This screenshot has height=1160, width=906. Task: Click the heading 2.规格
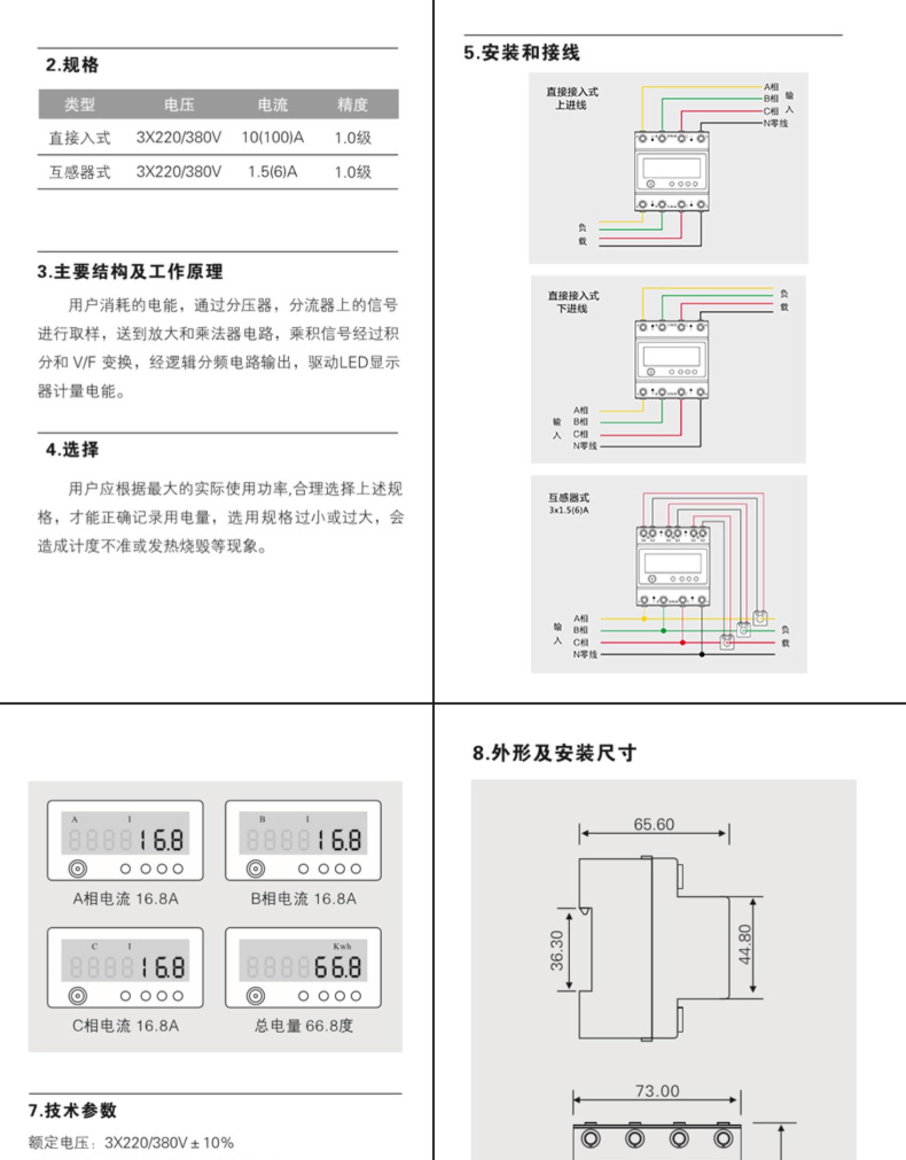click(x=72, y=65)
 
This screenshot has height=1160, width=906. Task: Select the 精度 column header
click(x=352, y=104)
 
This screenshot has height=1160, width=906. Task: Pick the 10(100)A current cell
click(x=272, y=138)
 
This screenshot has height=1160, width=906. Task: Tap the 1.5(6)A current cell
click(x=272, y=171)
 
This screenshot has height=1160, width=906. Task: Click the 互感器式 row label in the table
click(x=79, y=172)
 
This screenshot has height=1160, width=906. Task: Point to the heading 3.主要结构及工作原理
click(x=130, y=271)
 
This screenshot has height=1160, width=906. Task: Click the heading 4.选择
click(x=72, y=450)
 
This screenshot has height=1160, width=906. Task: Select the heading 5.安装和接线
click(x=521, y=53)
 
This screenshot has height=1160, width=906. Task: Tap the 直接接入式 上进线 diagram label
click(x=571, y=98)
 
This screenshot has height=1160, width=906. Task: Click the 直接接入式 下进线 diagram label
click(x=572, y=302)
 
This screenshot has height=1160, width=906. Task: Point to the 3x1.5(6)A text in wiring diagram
click(x=568, y=510)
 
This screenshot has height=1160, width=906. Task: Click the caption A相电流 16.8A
click(x=125, y=899)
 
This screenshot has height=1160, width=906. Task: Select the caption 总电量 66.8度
click(x=304, y=1025)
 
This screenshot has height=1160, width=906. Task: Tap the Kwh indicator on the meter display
click(x=342, y=946)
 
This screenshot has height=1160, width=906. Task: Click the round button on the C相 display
click(x=78, y=996)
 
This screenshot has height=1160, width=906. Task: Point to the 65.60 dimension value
click(x=654, y=824)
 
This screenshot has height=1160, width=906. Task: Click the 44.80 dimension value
click(x=744, y=944)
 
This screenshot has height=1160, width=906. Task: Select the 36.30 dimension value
click(x=556, y=950)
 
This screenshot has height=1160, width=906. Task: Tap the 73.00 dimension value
click(x=657, y=1091)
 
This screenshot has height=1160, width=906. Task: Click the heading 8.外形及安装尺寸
click(x=554, y=753)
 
